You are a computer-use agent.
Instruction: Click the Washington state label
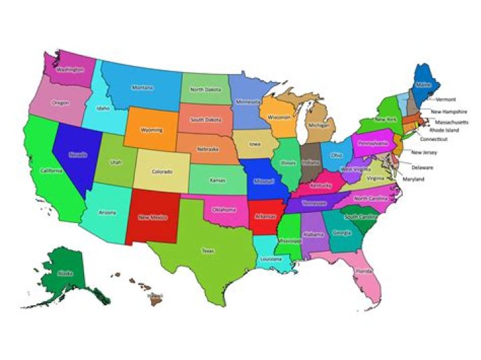[x=70, y=69]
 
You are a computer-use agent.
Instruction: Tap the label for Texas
[x=208, y=250]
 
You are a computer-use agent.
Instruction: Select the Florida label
[x=363, y=272]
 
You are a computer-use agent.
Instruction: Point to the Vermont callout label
[x=445, y=100]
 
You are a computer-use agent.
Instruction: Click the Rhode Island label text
[x=444, y=130]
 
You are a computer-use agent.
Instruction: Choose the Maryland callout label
[x=413, y=179]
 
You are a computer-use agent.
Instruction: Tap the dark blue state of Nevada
[x=75, y=158]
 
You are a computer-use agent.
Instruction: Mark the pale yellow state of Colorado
[x=162, y=171]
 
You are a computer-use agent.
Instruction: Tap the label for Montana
[x=142, y=87]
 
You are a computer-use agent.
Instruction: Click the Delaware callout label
[x=422, y=167]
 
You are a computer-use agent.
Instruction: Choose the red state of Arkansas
[x=265, y=215]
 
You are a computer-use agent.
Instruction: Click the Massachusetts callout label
[x=451, y=122]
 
